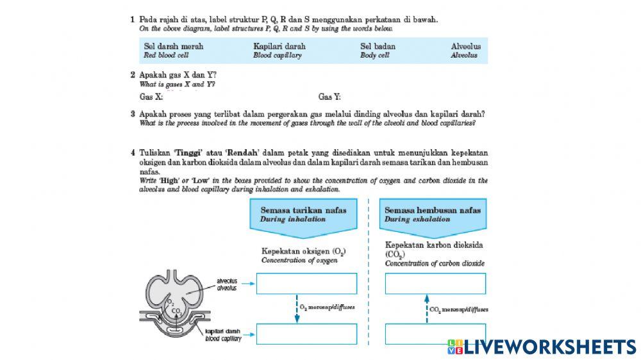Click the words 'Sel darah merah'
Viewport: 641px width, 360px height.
coord(173,46)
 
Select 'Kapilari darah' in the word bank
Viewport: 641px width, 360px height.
coord(279,46)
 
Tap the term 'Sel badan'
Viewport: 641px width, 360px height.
coord(378,46)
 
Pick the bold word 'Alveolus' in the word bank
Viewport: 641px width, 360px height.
coord(465,46)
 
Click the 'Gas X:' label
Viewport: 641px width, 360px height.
coord(151,97)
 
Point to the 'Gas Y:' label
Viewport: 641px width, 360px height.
coord(329,97)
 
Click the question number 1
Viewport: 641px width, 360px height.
coord(133,20)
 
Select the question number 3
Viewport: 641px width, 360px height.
coord(133,114)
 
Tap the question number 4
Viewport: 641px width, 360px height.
coord(133,153)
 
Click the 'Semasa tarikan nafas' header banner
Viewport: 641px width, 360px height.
coord(303,215)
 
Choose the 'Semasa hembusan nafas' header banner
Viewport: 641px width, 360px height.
coord(432,215)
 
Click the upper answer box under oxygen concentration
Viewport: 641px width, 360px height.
coord(306,283)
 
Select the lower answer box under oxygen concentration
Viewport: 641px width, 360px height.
coord(306,334)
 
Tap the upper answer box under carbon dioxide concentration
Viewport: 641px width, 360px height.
coord(435,283)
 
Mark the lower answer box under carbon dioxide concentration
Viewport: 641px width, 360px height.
coord(435,334)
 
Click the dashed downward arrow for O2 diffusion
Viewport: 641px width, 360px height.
coord(297,308)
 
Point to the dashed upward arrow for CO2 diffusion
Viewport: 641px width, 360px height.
coord(426,308)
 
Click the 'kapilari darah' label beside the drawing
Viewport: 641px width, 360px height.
coord(223,335)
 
